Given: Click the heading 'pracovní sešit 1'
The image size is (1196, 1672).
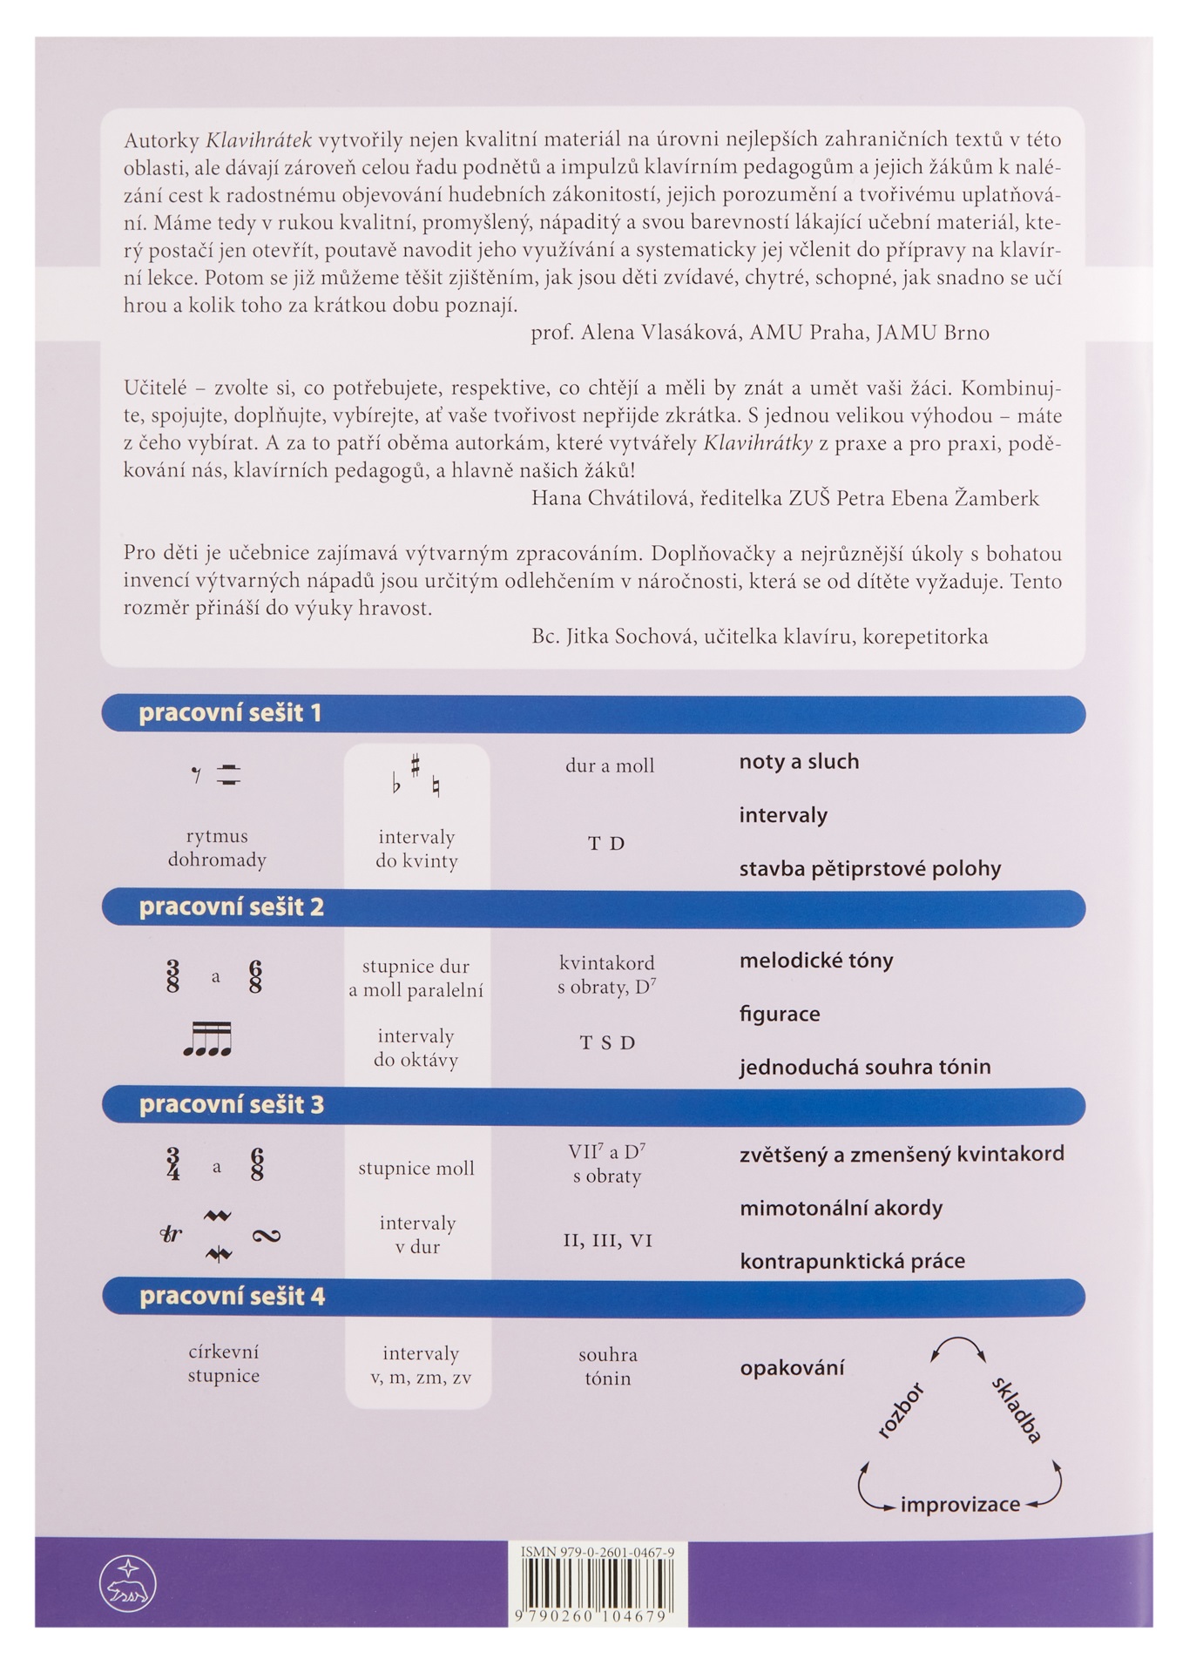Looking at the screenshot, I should [230, 713].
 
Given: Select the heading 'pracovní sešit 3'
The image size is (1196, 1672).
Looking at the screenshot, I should [231, 1104].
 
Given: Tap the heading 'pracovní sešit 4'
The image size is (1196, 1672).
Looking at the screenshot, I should [232, 1297].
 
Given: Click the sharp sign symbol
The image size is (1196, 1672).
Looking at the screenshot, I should [416, 765].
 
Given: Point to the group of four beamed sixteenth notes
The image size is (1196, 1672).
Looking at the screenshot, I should [207, 1040].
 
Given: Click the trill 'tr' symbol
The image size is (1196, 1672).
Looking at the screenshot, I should [172, 1234].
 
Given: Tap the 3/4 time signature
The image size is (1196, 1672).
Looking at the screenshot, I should [172, 1164].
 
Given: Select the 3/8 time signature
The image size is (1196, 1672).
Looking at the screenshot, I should [172, 975].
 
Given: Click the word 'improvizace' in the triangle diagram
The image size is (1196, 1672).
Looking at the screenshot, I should [960, 1504].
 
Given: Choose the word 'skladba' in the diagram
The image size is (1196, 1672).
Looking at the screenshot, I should [1017, 1410].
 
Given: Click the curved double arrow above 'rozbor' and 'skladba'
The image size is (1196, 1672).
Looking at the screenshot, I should [958, 1348].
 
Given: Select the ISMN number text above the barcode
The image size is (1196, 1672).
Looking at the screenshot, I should [598, 1552].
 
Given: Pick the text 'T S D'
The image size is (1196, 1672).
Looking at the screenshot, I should [607, 1042].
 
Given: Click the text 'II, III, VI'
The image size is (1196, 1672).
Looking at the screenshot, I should [607, 1240].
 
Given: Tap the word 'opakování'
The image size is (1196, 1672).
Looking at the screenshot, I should [792, 1367].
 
